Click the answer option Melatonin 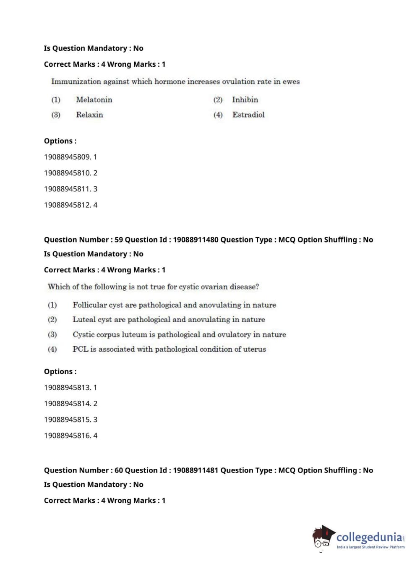coord(94,100)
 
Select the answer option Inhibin coord(245,100)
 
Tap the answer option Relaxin coord(89,115)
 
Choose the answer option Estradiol coord(248,115)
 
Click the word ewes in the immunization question coord(291,82)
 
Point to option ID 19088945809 coord(67,157)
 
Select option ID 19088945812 coord(67,205)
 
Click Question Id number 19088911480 coord(196,240)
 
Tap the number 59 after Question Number coord(119,240)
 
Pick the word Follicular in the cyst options coord(89,305)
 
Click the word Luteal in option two coord(84,320)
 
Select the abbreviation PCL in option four coord(80,349)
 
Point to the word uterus coord(254,349)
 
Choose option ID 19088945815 coord(67,420)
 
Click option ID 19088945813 coord(67,388)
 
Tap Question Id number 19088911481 coord(196,470)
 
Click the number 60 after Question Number coord(119,470)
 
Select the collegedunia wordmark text coord(369,537)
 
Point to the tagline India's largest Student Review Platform coord(370,547)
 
